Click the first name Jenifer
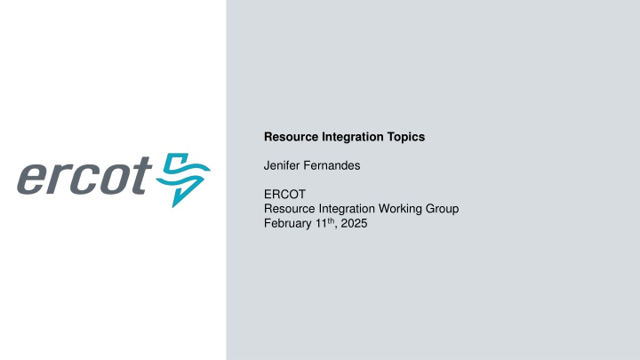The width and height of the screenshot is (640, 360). (282, 165)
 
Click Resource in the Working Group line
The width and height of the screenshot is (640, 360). (288, 209)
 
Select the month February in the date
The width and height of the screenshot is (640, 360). (288, 223)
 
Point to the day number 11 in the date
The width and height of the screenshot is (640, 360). (321, 223)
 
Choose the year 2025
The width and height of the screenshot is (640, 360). (353, 223)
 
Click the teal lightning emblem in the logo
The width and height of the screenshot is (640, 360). (183, 179)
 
